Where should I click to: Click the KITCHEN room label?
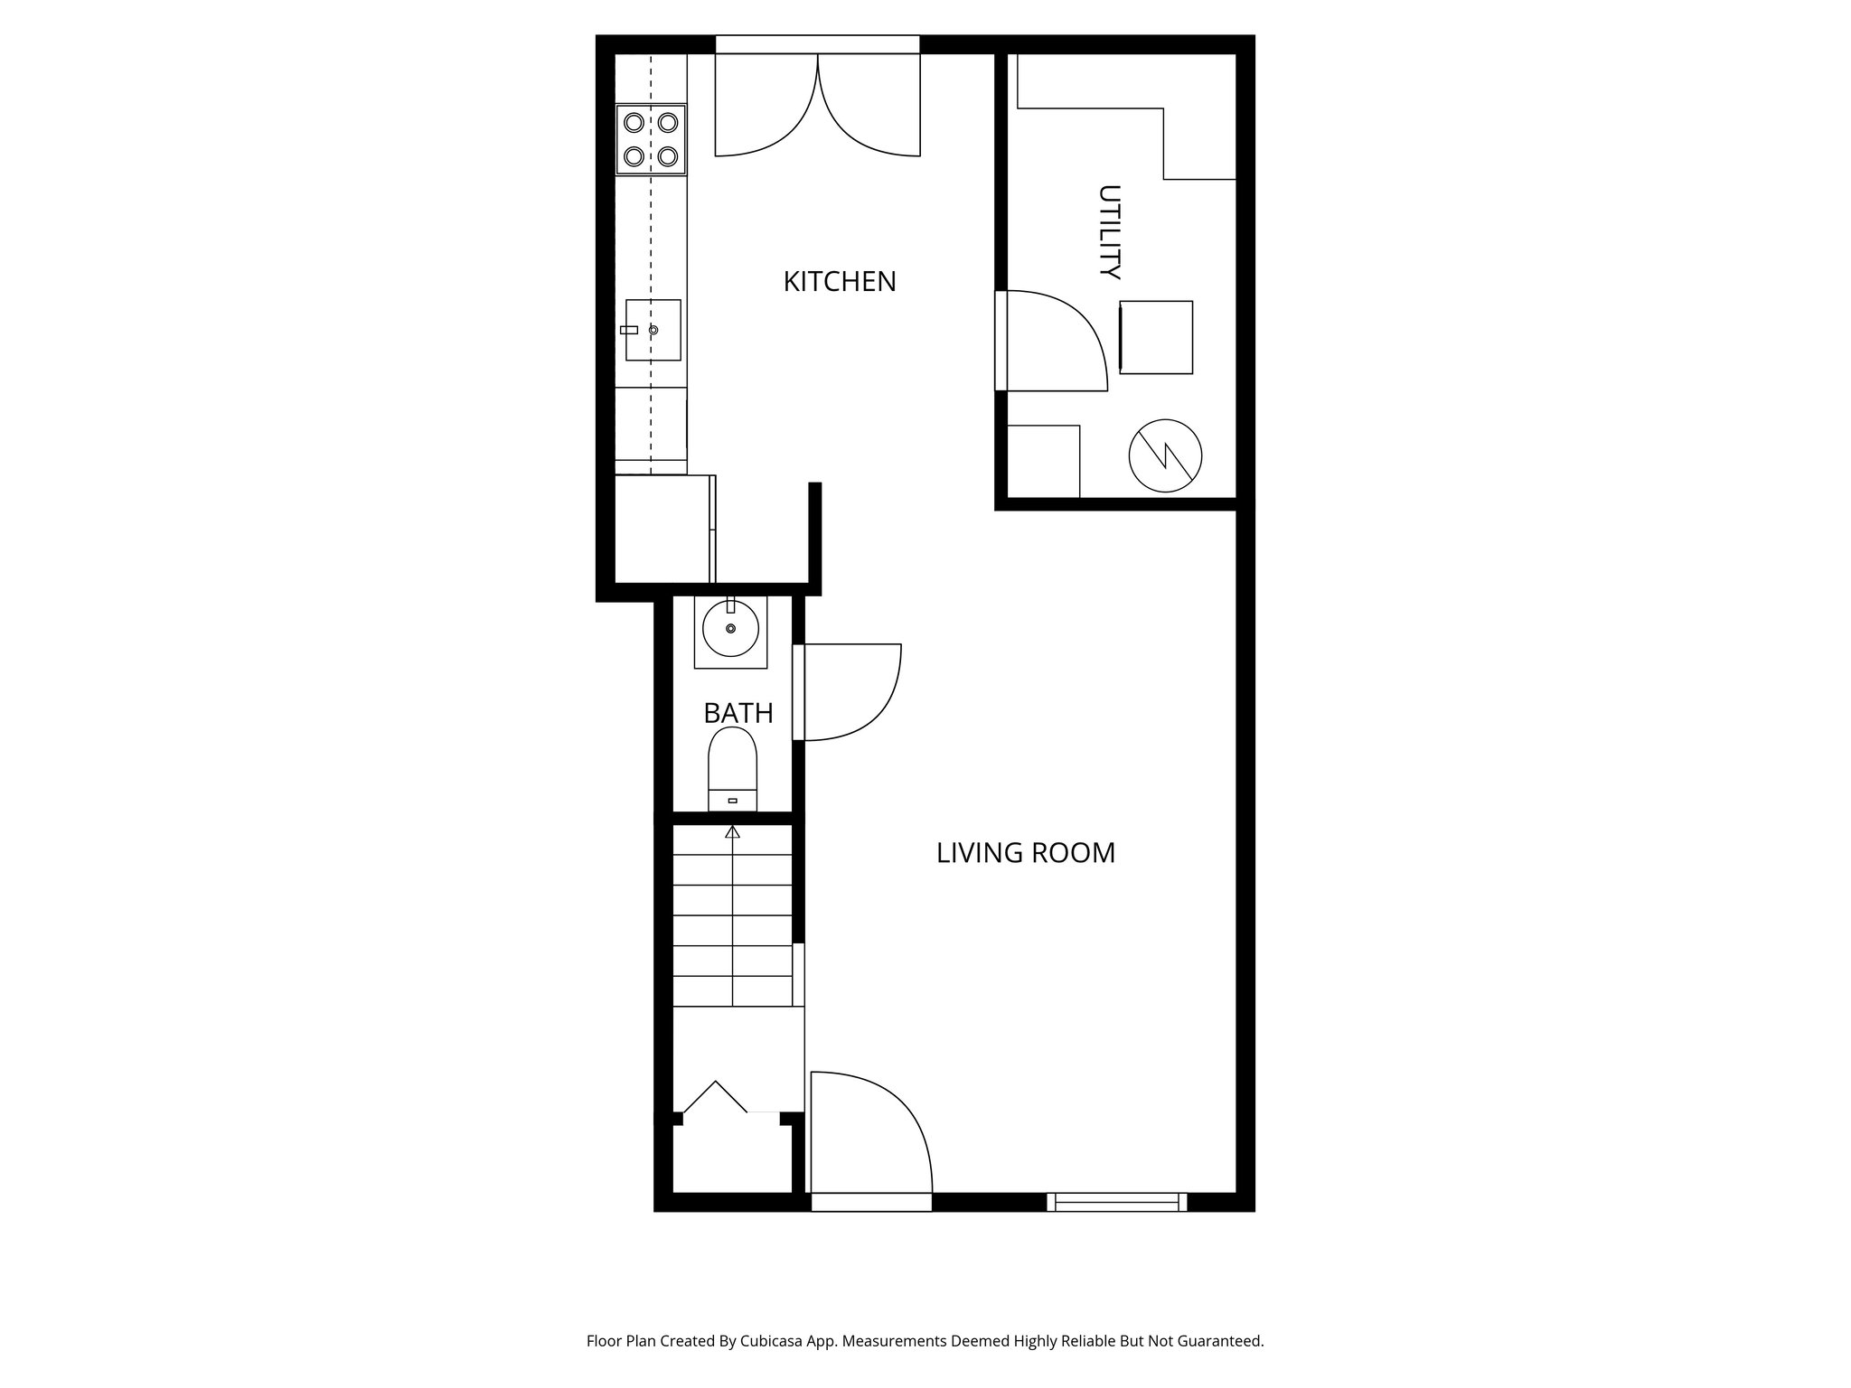(x=840, y=282)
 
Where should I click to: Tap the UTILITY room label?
(x=1109, y=231)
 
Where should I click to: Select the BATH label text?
(x=738, y=714)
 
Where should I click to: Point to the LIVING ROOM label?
(x=1026, y=853)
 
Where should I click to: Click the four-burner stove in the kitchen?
(x=651, y=139)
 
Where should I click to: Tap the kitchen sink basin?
(x=653, y=330)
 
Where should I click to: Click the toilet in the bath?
(x=732, y=768)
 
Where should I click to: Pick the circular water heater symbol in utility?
(x=1165, y=456)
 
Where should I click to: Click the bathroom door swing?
(x=850, y=691)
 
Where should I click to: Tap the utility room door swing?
(x=1053, y=342)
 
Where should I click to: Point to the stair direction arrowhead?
(x=733, y=831)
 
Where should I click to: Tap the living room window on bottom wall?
(x=1117, y=1202)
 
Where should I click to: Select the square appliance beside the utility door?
(x=1156, y=337)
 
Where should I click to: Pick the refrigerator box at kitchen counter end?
(x=662, y=530)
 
